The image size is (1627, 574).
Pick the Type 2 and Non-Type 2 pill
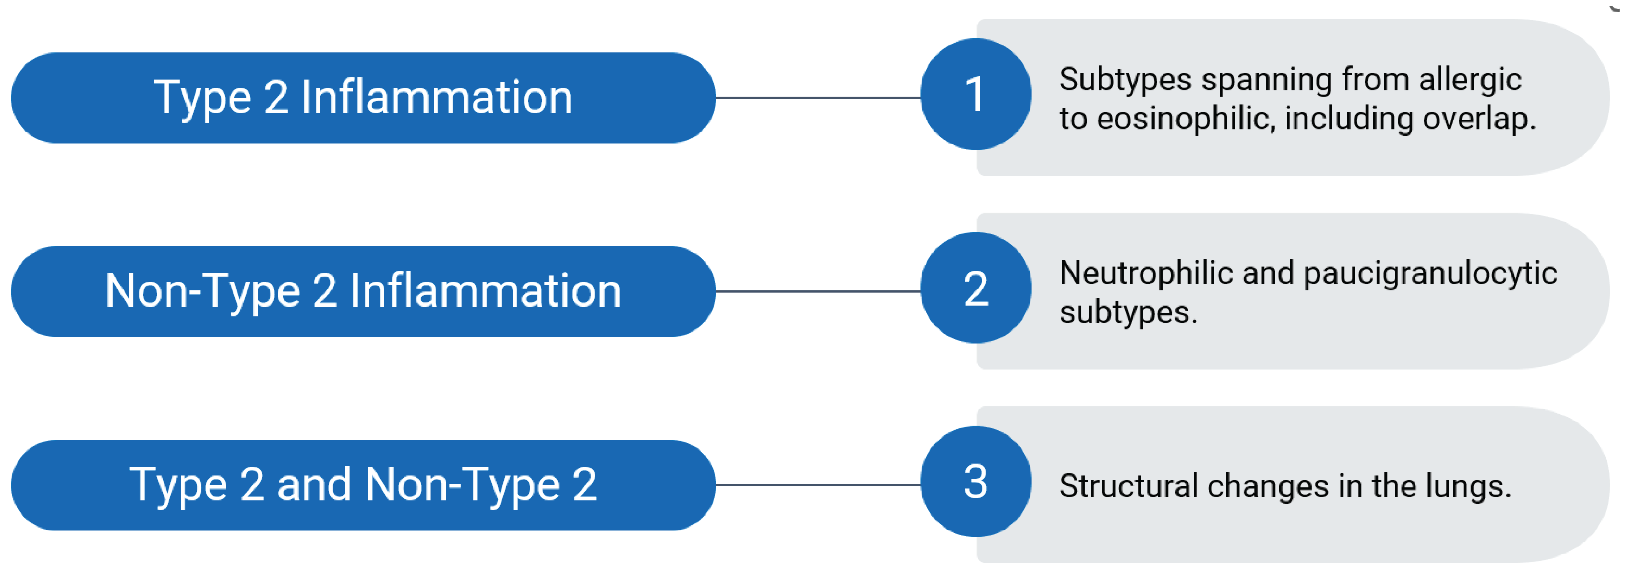(363, 485)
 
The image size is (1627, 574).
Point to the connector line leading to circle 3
(818, 485)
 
